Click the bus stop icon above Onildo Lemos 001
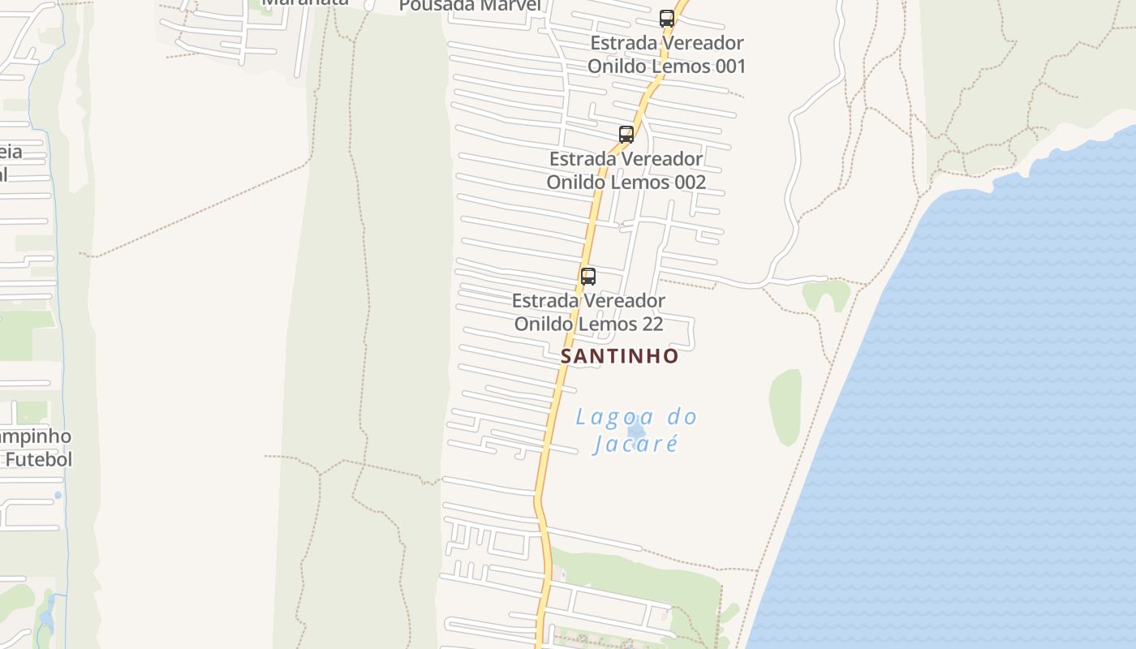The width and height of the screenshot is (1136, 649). coord(666,18)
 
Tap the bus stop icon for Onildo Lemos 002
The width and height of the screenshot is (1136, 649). coord(626,135)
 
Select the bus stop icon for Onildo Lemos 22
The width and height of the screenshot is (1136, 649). coord(588,276)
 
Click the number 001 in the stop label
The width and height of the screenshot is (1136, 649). coord(725,66)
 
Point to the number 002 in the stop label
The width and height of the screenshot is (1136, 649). coord(686,182)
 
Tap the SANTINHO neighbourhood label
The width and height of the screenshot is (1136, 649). coord(619,356)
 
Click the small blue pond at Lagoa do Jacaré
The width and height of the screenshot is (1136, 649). coord(636,430)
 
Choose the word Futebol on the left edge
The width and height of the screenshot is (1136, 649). coord(38,460)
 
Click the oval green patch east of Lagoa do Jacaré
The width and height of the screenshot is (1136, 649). coord(785,406)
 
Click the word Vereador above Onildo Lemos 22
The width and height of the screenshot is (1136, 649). coord(624,301)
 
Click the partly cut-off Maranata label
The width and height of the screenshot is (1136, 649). coord(304,2)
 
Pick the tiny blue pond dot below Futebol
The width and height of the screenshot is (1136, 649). coord(58,495)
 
